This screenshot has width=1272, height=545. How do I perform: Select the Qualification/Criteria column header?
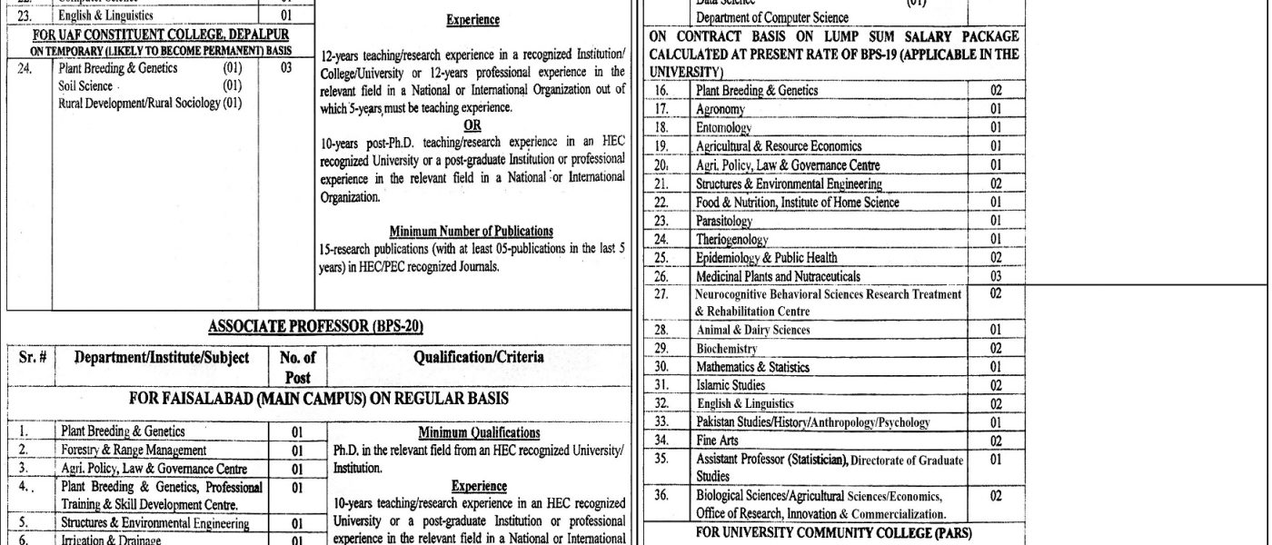pos(479,358)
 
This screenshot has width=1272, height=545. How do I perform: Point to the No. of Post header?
pos(298,367)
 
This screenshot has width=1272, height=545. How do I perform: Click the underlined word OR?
pos(472,125)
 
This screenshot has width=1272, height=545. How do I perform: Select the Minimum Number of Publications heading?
pos(471,231)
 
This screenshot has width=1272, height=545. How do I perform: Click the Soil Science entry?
pos(85,85)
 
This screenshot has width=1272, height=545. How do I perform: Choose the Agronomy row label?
pos(720,109)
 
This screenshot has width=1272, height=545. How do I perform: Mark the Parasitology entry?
pos(724,221)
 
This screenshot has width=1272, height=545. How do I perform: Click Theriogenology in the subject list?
pos(731,240)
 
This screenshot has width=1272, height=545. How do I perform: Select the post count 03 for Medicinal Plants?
pos(996,276)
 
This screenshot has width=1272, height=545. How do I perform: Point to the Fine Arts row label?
pos(717,441)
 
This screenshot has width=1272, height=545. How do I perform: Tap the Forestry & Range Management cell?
pos(134,450)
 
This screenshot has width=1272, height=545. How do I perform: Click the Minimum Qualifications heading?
pos(479,432)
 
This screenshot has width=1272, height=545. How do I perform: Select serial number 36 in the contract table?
pos(661,496)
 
